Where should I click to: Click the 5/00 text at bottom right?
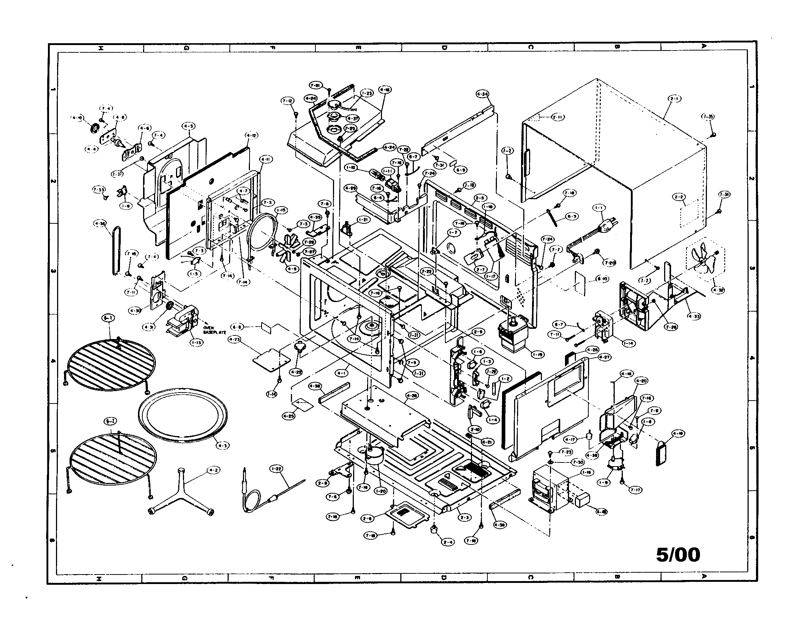pyautogui.click(x=678, y=555)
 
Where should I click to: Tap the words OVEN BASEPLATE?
pyautogui.click(x=211, y=330)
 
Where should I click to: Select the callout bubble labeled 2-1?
pyautogui.click(x=674, y=98)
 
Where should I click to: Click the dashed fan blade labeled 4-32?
pyautogui.click(x=704, y=260)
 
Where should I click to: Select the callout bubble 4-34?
pyautogui.click(x=483, y=94)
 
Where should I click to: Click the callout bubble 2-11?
pyautogui.click(x=558, y=117)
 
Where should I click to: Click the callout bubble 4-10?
pyautogui.click(x=77, y=118)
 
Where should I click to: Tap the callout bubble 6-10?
pyautogui.click(x=603, y=279)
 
